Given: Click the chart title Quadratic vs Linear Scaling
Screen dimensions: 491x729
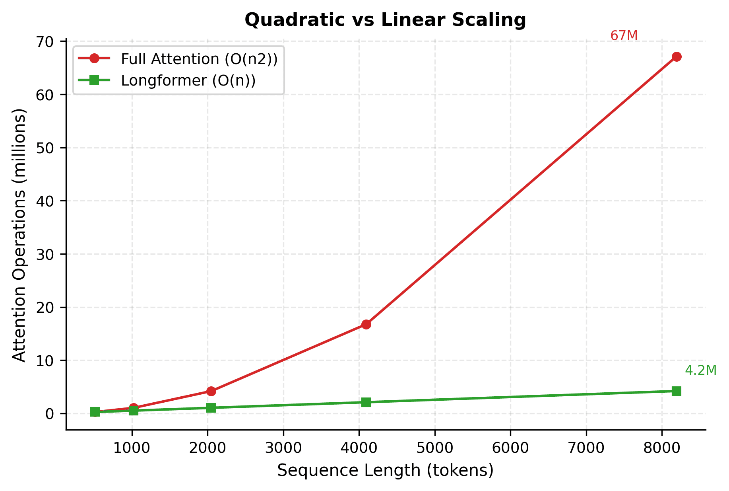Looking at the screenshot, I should coord(385,20).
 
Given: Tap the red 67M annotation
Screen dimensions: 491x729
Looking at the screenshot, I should coord(624,36).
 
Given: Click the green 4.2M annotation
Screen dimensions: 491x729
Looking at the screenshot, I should coord(700,370).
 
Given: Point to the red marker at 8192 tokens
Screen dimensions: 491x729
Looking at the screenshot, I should coord(677,57).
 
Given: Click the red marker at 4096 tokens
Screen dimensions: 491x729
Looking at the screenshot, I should coord(366,324).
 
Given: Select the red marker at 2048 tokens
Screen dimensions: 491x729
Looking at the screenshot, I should coord(211,391).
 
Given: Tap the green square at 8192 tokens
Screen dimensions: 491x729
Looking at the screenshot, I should coord(677,391).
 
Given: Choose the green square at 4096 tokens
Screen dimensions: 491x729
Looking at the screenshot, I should coord(366,402).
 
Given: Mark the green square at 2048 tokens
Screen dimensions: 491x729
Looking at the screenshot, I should coord(211,408).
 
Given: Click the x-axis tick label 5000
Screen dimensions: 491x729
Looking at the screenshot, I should coord(434,448).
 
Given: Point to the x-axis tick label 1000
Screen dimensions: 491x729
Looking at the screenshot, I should coord(132,448).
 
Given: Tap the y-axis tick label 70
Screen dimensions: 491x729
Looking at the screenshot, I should coord(45,41).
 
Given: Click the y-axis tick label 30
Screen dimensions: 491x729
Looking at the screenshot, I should coord(45,254).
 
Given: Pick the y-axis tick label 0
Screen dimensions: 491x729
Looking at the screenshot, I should coord(50,414).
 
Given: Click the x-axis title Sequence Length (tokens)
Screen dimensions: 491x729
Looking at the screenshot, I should coord(385,470).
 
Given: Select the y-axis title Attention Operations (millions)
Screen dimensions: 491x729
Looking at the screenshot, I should coord(19,235).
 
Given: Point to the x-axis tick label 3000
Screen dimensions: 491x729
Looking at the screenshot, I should coord(283,448).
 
